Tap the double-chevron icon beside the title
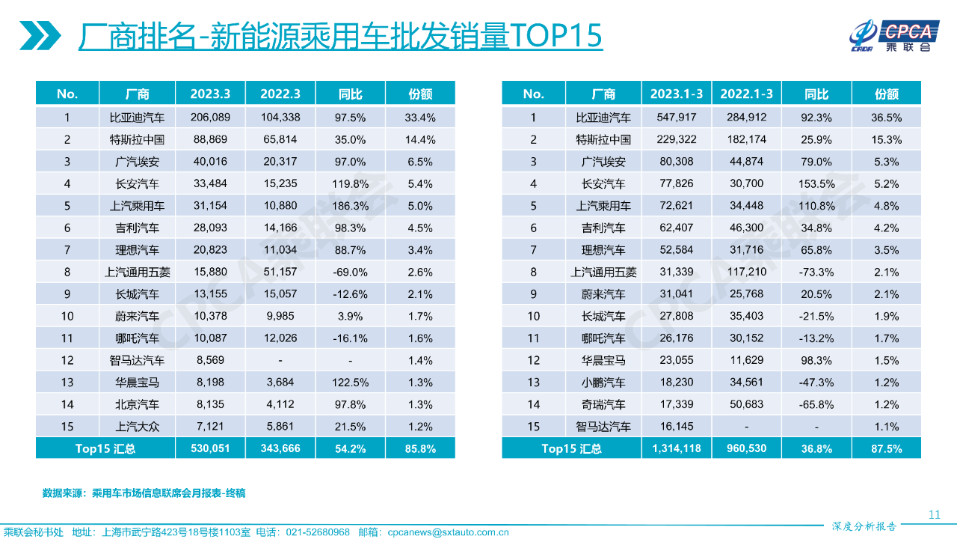[40, 35]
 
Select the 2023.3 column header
[210, 94]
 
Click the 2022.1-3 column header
[746, 94]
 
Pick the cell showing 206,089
[210, 117]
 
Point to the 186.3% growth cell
[350, 205]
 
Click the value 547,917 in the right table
[676, 117]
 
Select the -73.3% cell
[816, 272]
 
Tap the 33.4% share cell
[420, 117]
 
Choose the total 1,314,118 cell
[676, 448]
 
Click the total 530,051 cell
[210, 448]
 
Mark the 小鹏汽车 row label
[603, 383]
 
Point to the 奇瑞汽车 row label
[603, 404]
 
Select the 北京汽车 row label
[137, 404]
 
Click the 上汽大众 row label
[137, 427]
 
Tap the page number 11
[934, 514]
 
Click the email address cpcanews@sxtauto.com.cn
[448, 532]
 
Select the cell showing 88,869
[210, 139]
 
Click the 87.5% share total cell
[887, 448]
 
